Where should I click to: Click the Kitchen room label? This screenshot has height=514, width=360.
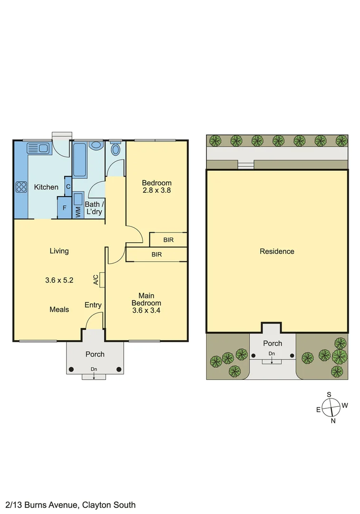[46, 187]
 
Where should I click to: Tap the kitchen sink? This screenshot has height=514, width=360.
[39, 148]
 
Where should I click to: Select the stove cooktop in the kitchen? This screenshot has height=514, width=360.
[21, 187]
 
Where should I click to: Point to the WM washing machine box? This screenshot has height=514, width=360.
[78, 212]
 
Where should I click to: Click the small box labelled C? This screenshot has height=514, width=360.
[68, 187]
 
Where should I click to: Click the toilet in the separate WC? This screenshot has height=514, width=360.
[115, 150]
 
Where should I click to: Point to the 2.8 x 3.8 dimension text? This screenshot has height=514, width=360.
[156, 190]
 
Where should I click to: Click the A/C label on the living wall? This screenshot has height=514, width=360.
[96, 280]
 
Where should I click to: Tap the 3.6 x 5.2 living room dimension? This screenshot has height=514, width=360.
[59, 280]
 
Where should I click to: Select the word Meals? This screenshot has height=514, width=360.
[59, 309]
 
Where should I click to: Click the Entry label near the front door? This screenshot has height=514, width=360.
[93, 305]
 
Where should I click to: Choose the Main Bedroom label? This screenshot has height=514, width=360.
[146, 299]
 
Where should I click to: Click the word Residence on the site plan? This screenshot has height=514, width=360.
[277, 251]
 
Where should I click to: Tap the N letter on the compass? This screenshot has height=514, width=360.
[333, 420]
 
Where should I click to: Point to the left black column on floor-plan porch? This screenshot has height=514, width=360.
[71, 369]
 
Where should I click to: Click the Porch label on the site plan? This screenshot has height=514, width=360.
[272, 343]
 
